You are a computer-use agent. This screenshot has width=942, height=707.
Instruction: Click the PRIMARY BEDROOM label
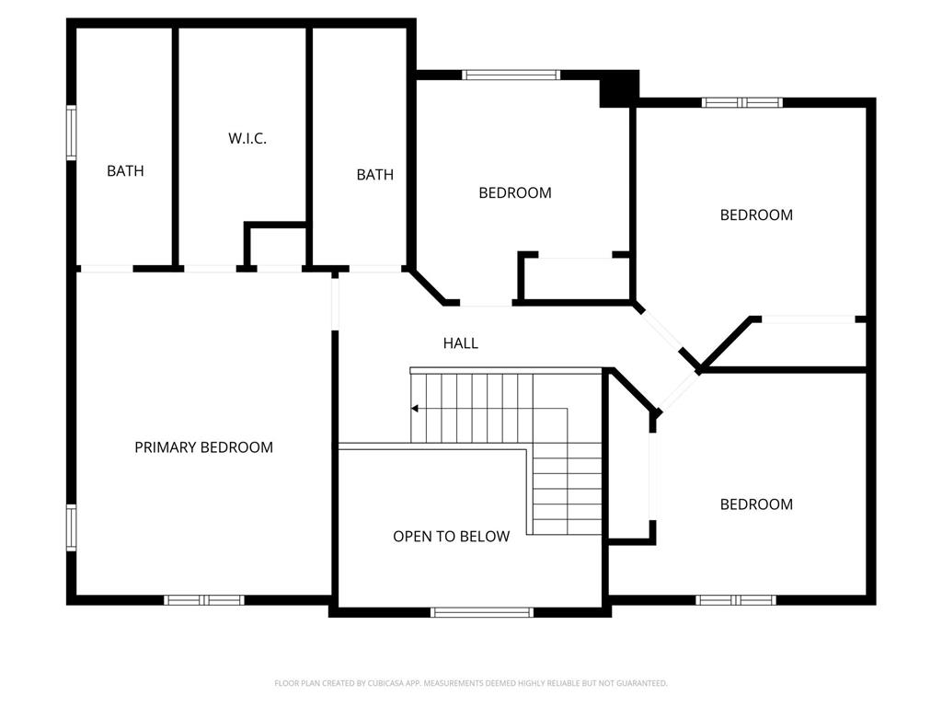pos(203,447)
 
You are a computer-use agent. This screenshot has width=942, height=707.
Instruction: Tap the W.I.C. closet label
pos(247,138)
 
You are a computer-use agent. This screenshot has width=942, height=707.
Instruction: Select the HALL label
pos(461,343)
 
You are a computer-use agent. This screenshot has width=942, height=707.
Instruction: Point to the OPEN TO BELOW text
pos(451,537)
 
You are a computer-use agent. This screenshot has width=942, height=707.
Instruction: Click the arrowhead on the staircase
pos(415,409)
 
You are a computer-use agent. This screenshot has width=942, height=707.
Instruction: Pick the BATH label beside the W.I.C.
pos(125,170)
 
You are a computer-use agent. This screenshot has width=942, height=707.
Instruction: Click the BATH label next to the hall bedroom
pos(375,174)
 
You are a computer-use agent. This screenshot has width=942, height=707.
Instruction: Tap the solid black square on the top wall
pos(619,89)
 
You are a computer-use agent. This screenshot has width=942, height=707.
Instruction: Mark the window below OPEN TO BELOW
pos(482,612)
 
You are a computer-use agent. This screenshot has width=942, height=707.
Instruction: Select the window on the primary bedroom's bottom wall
pos(204,600)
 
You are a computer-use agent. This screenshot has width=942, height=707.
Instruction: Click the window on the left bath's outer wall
pos(72,133)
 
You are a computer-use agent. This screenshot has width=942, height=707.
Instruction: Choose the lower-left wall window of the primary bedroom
pos(72,527)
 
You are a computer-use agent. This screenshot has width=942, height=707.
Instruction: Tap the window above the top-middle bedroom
pos(511,75)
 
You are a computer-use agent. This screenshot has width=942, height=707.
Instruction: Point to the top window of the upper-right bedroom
pos(742,102)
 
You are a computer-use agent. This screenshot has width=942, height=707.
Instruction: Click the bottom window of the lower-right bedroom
pos(736,600)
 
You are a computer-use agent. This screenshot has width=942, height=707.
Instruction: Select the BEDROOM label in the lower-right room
pos(756,504)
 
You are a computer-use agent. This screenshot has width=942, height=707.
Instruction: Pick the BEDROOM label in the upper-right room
pos(756,214)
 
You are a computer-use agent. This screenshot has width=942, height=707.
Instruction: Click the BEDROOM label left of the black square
pos(515,193)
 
